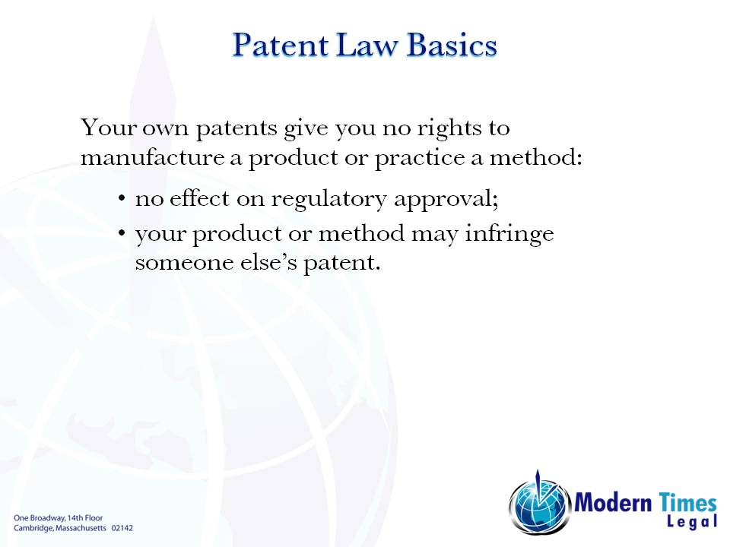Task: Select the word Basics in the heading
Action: [452, 45]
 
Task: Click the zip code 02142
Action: [122, 527]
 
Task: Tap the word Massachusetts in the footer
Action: [79, 527]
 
